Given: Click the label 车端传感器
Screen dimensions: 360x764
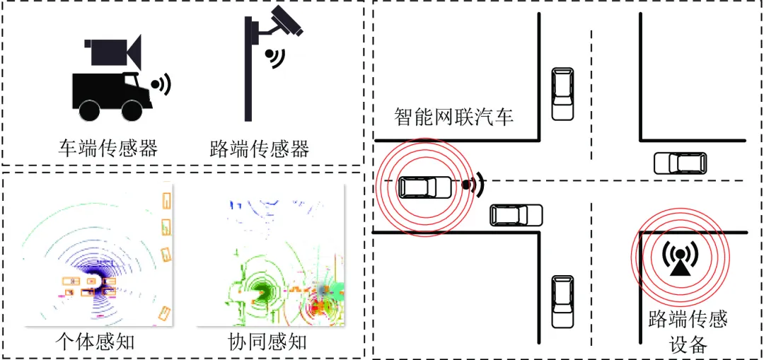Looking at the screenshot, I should (108, 149).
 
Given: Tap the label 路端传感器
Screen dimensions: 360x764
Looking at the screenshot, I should (260, 149).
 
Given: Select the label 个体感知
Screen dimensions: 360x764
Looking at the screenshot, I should (95, 342).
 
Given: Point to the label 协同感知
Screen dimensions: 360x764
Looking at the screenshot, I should (267, 342).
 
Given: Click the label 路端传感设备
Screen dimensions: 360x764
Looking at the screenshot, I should (688, 332).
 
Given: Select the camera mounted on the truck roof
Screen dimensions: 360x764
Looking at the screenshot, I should (115, 52).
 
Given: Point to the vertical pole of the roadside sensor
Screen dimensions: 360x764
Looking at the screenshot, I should (248, 78).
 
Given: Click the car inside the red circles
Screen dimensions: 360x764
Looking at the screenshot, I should (424, 187).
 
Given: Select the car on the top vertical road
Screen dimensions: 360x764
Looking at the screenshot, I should (562, 93).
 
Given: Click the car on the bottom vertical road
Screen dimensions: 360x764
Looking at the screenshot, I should (562, 302).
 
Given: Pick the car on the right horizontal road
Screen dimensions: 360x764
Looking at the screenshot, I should (679, 163).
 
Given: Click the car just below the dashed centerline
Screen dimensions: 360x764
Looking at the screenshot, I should (516, 215).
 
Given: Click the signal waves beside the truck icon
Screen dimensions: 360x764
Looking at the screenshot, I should (163, 85).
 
